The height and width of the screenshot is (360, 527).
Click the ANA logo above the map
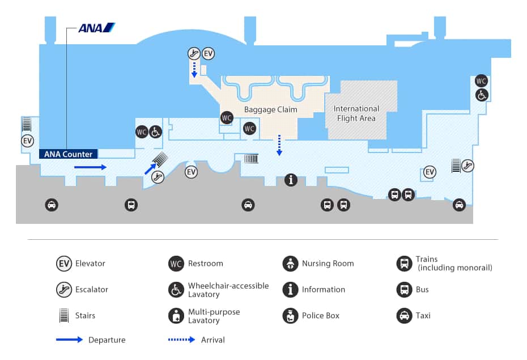96,27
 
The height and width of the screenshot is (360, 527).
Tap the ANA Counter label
68,154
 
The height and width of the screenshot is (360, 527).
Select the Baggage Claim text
270,109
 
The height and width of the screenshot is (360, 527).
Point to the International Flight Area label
356,113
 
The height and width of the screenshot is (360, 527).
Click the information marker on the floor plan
291,180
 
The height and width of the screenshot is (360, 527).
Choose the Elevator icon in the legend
64,264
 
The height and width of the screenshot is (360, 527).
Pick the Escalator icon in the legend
64,290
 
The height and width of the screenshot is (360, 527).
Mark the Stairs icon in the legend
64,316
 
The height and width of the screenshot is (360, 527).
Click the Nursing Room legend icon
290,264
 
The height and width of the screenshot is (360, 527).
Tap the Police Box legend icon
290,316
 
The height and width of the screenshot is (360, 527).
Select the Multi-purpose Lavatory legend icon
176,316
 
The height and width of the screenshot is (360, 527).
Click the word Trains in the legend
427,260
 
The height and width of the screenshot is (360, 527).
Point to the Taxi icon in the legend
404,316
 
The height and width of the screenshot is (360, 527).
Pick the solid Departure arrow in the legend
69,340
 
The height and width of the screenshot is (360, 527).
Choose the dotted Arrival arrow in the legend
181,340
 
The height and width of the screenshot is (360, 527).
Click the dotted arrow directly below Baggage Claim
279,145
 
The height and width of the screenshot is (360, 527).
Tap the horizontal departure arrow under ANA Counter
90,167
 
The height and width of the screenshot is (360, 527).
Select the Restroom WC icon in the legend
176,264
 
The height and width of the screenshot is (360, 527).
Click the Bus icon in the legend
404,290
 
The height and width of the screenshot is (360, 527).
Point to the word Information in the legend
323,290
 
